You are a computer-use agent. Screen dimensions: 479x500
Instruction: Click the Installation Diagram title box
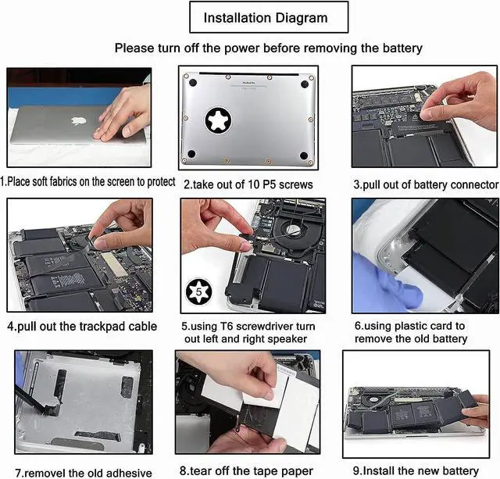pos(265,17)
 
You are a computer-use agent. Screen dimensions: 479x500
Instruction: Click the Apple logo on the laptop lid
pos(78,121)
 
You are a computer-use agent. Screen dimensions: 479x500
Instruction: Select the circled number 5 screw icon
pos(198,294)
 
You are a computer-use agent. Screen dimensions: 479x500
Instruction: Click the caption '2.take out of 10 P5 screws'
pos(248,185)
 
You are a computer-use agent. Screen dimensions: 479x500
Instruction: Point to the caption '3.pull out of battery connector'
pos(425,185)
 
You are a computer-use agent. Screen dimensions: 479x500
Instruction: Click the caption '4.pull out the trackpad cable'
pos(82,326)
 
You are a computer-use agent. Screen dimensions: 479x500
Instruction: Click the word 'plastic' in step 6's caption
pos(410,326)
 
